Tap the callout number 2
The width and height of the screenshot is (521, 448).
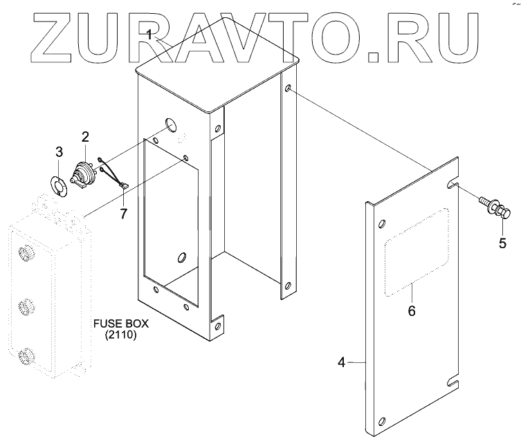click(85, 136)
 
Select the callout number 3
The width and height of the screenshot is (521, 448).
click(59, 151)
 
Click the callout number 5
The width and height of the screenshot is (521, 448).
click(503, 243)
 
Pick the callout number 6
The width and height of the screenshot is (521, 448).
click(411, 310)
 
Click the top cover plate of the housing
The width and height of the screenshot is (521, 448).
click(218, 73)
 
